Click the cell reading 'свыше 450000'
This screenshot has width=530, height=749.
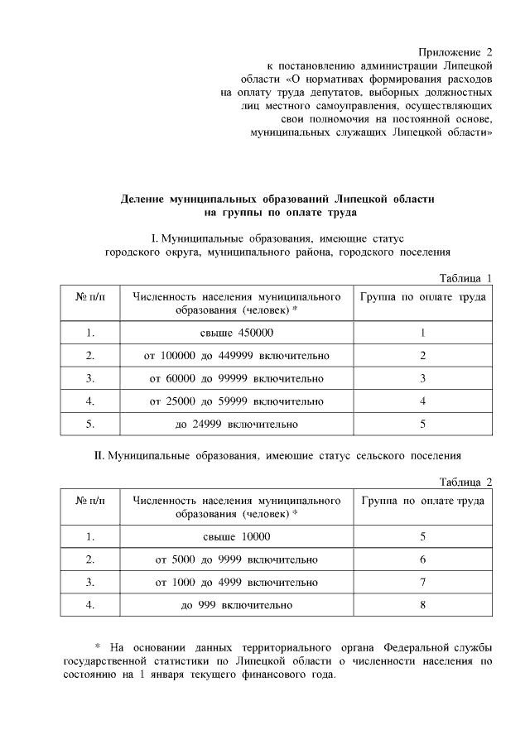(x=237, y=333)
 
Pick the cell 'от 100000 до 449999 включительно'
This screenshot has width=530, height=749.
(x=237, y=356)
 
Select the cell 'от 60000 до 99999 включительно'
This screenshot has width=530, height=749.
(x=237, y=378)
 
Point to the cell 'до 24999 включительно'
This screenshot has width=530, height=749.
(x=237, y=424)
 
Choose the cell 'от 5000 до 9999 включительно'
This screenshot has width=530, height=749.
(x=237, y=560)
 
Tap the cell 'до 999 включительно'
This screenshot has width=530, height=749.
(x=237, y=606)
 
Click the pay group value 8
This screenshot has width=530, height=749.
(x=422, y=606)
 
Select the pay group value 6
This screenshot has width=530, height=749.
(x=422, y=560)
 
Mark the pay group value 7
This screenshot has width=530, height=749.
(x=422, y=583)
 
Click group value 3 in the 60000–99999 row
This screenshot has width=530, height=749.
(x=422, y=378)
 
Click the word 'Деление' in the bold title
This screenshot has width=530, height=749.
(x=142, y=199)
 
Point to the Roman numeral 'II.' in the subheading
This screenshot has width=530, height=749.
(x=99, y=455)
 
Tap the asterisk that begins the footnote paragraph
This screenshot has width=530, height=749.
(x=97, y=646)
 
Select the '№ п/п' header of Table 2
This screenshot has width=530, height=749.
(x=90, y=501)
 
